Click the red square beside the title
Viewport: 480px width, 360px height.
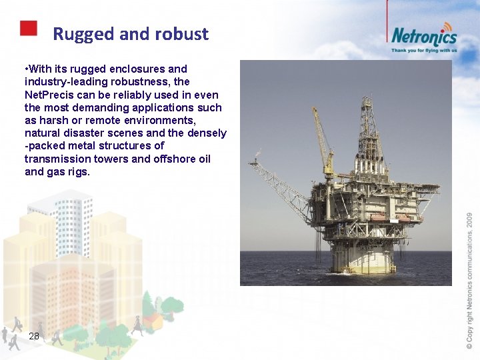[28, 28]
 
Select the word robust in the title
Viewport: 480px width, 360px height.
[183, 34]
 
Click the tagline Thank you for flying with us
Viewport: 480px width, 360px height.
[424, 50]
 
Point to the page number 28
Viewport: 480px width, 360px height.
[34, 337]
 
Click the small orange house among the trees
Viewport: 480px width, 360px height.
[155, 320]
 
